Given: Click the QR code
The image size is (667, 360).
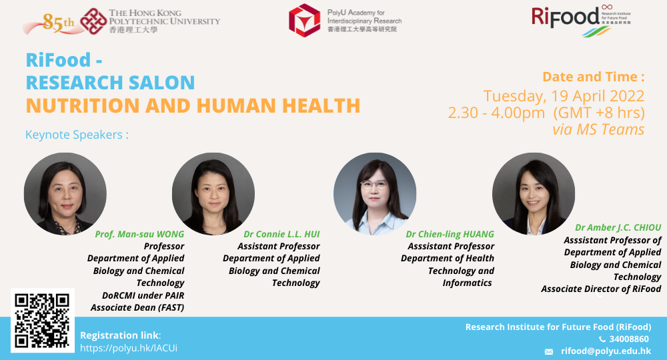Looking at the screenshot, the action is click(x=43, y=321).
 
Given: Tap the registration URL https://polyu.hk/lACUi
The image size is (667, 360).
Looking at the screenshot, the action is click(x=129, y=348).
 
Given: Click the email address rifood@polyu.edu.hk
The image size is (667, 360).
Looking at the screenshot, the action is click(x=606, y=351).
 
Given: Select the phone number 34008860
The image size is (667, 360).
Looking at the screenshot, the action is click(x=629, y=339).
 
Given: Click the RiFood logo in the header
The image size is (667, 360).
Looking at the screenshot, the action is click(x=581, y=21).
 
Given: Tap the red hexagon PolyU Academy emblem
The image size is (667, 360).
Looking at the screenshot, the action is click(x=304, y=21).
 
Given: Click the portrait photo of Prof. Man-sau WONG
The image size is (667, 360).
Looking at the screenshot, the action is click(x=65, y=194).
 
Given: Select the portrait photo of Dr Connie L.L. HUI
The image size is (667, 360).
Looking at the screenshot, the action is click(x=213, y=194).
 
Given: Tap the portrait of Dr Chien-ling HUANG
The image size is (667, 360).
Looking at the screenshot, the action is click(x=375, y=194).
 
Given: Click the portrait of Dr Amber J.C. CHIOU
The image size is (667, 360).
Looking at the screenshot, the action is click(x=534, y=194).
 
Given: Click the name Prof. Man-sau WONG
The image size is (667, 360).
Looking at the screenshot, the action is click(x=139, y=234).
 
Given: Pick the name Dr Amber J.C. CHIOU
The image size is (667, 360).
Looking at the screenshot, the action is click(x=618, y=228).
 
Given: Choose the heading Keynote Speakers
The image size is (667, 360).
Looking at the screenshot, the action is click(x=77, y=135).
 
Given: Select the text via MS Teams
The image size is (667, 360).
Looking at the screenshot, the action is click(x=598, y=129).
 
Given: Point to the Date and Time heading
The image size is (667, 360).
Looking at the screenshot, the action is click(x=594, y=77).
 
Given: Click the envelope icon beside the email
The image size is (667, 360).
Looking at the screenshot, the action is click(x=549, y=352).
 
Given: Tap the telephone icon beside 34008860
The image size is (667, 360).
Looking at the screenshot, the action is click(x=602, y=339).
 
